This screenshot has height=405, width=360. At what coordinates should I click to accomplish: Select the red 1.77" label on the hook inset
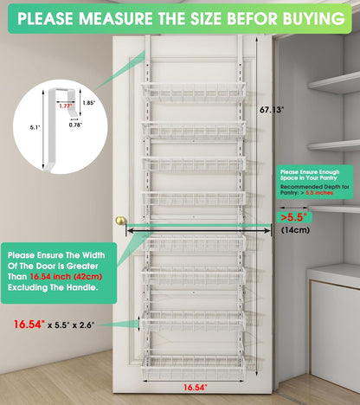[65, 106]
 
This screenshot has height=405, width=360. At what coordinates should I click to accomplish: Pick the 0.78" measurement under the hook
[75, 125]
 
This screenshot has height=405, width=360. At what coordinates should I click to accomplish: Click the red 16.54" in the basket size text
[32, 325]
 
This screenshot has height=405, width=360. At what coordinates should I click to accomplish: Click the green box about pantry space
[313, 186]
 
